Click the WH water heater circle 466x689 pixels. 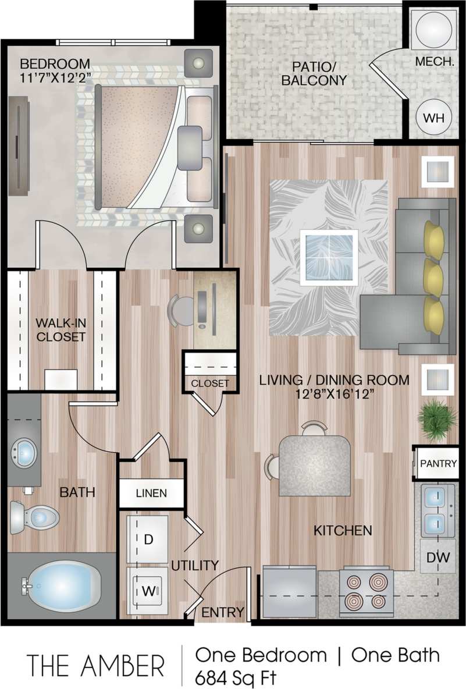pos(433,116)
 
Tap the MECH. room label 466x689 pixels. pos(434,61)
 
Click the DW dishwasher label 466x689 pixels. pos(437,557)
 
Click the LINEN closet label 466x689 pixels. pos(151,493)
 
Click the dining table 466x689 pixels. pos(314,466)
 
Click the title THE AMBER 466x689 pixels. pos(95,665)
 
